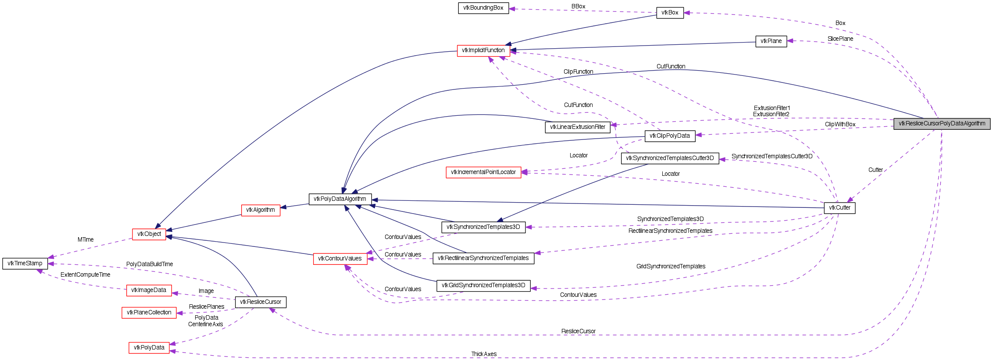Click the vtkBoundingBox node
[483, 8]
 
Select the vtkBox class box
[670, 13]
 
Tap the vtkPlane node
[771, 41]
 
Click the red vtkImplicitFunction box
[483, 50]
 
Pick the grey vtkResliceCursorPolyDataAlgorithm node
[942, 124]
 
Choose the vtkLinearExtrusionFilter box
[577, 127]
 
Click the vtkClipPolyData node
[670, 136]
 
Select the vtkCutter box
[839, 208]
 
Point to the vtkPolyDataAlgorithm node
[340, 199]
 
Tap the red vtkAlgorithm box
[261, 210]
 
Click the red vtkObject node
[149, 234]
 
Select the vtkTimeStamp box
[25, 264]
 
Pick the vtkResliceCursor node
[261, 302]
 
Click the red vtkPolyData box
[149, 348]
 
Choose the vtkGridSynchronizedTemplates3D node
[483, 285]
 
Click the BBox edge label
[578, 7]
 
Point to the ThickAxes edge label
[484, 354]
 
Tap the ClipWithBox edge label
[840, 125]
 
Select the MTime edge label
[86, 240]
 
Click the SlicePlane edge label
[840, 39]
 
